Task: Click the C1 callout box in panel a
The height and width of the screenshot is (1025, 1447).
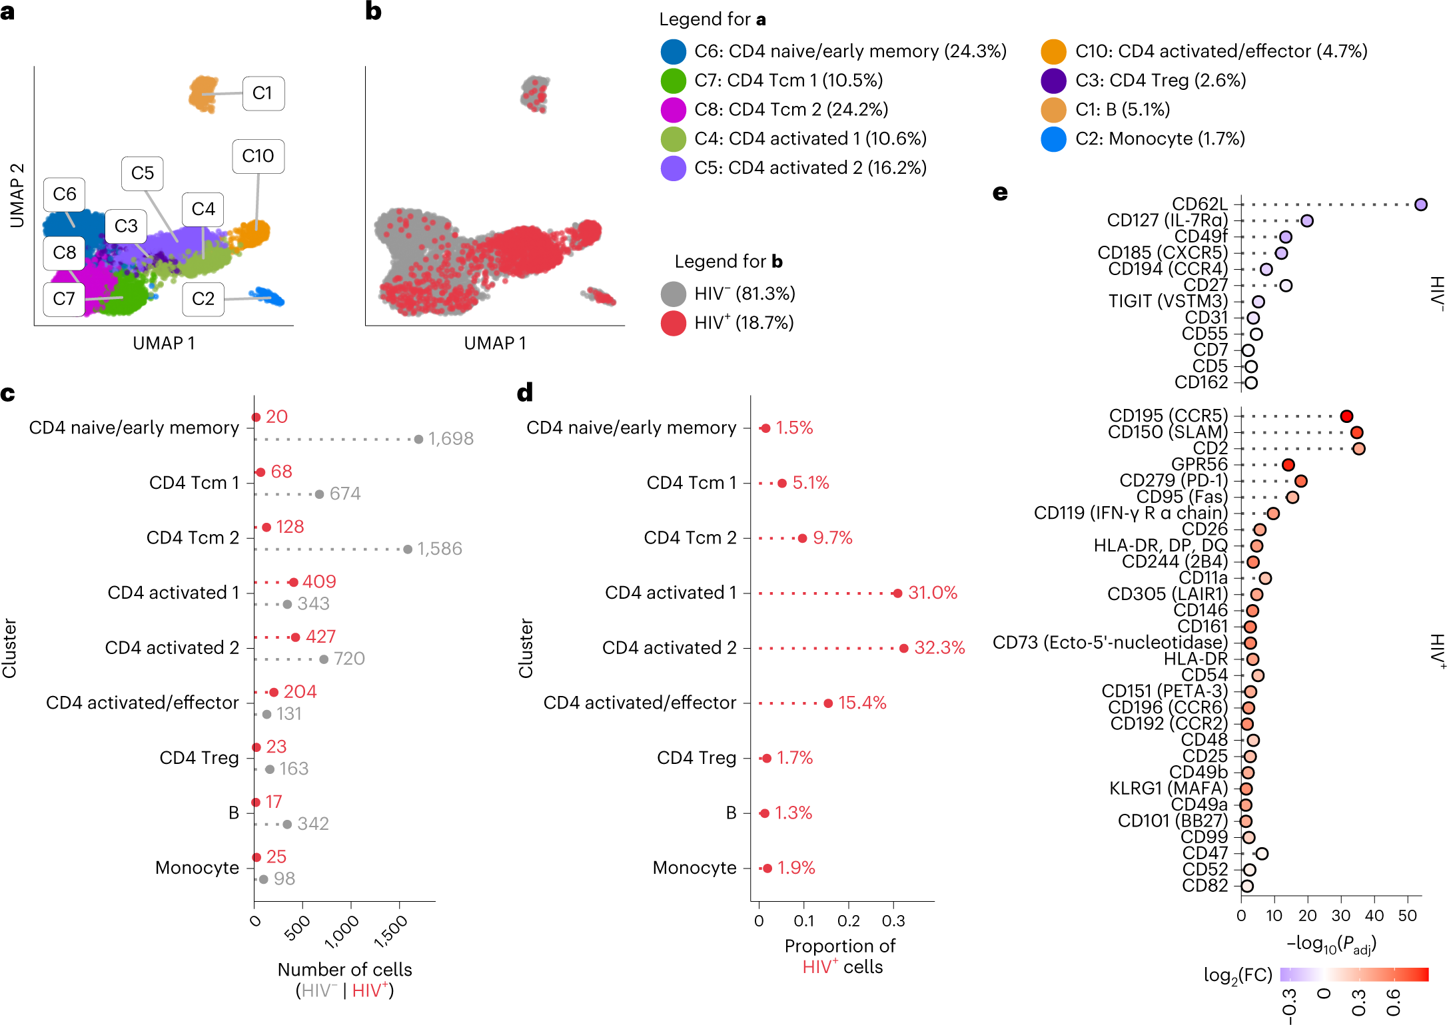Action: (263, 93)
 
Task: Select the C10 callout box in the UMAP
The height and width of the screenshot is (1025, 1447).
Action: (258, 157)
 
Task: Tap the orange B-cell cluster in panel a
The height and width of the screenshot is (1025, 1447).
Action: (203, 94)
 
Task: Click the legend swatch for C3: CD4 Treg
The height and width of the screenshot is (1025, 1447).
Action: (1053, 81)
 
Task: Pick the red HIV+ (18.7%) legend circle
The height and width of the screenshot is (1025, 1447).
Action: (674, 324)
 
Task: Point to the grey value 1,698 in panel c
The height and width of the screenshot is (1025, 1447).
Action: (451, 439)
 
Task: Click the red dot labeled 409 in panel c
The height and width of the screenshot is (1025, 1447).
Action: (293, 582)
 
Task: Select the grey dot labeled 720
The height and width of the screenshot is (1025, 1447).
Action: (324, 659)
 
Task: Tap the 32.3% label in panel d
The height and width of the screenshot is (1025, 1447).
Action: (939, 648)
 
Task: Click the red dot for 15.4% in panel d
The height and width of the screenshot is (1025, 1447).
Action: (828, 703)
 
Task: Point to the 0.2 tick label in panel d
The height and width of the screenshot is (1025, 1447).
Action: (848, 921)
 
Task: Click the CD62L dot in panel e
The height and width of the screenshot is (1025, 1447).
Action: (1421, 204)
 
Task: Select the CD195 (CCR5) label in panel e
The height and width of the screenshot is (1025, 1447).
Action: (1168, 416)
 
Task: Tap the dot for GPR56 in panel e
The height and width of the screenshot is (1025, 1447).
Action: (1288, 465)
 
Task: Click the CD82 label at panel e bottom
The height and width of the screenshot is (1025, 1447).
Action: (1205, 886)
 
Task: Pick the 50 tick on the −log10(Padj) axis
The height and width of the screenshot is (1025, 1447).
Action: (1407, 916)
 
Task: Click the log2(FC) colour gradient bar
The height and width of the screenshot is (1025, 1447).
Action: (1354, 974)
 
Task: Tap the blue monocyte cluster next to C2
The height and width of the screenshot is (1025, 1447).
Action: (268, 297)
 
